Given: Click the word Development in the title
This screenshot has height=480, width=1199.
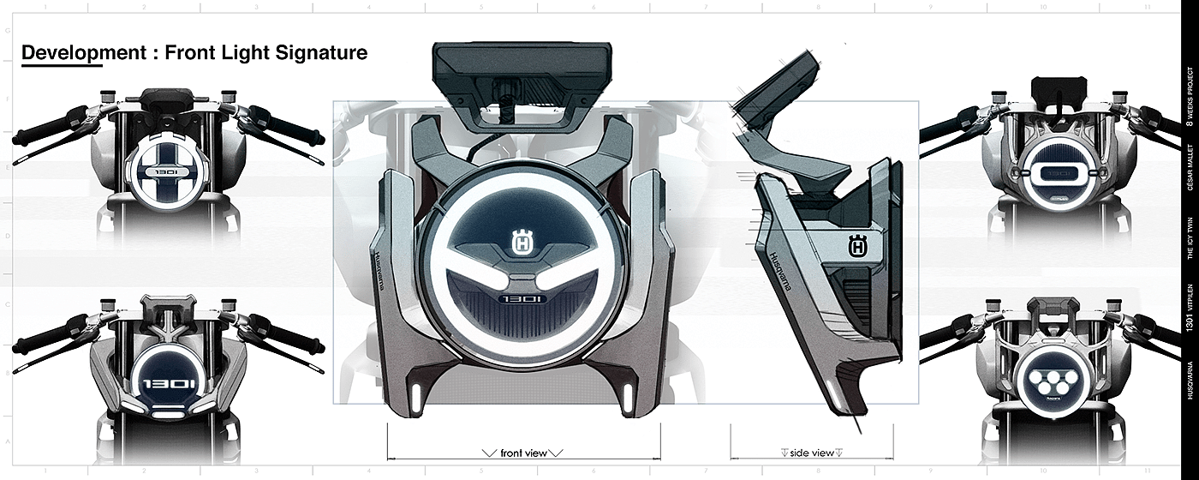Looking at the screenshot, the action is [x=73, y=53].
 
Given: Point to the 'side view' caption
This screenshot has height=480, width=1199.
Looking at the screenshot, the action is [x=812, y=453].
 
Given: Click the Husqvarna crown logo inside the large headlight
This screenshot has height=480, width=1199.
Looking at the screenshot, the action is [x=520, y=244].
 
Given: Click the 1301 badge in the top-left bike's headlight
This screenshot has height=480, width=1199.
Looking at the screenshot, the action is [x=169, y=171].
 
